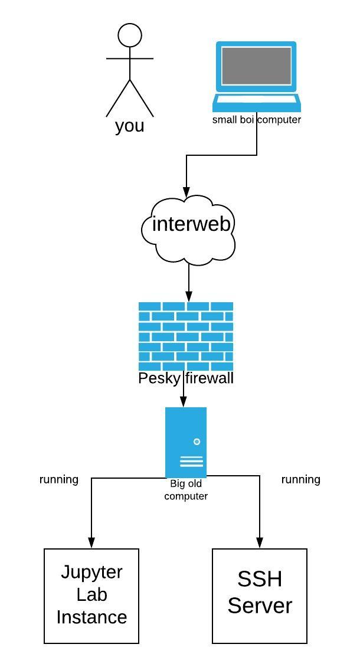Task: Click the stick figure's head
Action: pos(130,35)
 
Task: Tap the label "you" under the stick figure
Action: pos(130,126)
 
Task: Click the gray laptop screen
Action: pos(257,66)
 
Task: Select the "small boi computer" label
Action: pos(257,120)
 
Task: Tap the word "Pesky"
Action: pos(159,379)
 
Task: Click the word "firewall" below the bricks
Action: pos(210,378)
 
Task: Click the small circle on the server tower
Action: pos(197,442)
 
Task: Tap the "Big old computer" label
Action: pos(186,490)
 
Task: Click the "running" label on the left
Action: pos(59,479)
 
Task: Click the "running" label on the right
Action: pos(300,479)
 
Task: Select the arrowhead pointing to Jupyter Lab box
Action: pos(91,542)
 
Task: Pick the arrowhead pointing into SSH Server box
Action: pos(260,542)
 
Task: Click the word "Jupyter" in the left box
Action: pos(91,572)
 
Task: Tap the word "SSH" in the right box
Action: pos(260,579)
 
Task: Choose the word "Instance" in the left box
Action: pos(91,617)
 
